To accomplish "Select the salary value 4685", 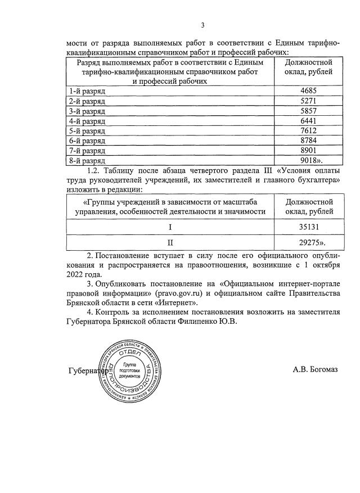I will pyautogui.click(x=308, y=91).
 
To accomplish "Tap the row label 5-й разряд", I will pyautogui.click(x=86, y=130).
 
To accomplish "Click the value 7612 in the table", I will pyautogui.click(x=308, y=130).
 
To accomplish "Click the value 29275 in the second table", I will pyautogui.click(x=309, y=242).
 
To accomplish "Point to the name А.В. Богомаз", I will pyautogui.click(x=315, y=370).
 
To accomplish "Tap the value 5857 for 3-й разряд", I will pyautogui.click(x=308, y=111).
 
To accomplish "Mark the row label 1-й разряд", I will pyautogui.click(x=86, y=91).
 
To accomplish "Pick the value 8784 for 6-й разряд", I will pyautogui.click(x=308, y=141).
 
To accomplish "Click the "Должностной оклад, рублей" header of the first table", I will pyautogui.click(x=308, y=67).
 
